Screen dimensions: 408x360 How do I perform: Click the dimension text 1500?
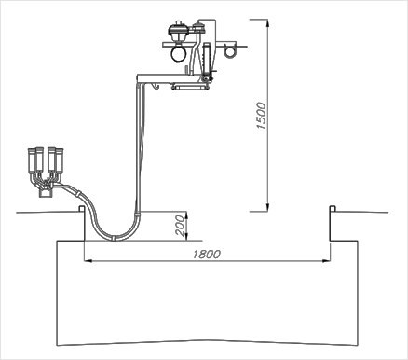click(262, 116)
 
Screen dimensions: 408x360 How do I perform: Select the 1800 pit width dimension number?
click(207, 255)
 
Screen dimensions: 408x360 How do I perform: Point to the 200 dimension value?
click(180, 226)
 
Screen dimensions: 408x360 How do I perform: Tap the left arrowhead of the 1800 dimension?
click(88, 261)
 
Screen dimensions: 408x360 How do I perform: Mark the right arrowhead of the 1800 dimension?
click(326, 261)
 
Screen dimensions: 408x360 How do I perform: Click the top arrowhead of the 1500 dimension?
click(267, 23)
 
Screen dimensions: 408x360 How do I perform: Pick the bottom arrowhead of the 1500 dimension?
click(267, 208)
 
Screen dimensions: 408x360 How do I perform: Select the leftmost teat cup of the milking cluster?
click(32, 160)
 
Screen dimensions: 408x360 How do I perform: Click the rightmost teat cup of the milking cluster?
click(60, 160)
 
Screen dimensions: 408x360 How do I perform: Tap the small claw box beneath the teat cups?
click(46, 193)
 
